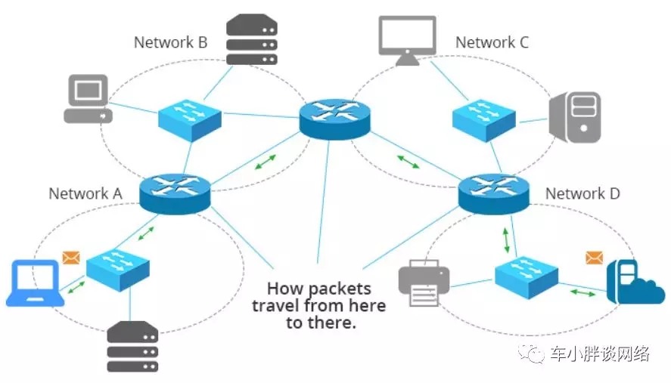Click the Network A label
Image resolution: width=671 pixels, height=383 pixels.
[x=85, y=193]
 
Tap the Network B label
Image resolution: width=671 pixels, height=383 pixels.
[x=170, y=42]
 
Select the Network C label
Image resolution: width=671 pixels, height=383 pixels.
[x=492, y=42]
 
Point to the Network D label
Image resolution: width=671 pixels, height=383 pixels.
[x=582, y=194]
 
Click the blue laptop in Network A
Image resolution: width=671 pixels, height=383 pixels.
[x=34, y=283]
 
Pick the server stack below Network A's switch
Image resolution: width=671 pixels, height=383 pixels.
[x=132, y=347]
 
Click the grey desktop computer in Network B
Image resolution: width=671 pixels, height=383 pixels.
[x=87, y=99]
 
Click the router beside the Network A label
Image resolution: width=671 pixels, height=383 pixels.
[x=174, y=192]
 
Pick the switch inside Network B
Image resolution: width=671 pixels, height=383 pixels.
[x=190, y=117]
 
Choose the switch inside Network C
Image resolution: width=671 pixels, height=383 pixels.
[x=484, y=117]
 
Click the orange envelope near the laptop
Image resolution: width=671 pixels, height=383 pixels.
[x=71, y=258]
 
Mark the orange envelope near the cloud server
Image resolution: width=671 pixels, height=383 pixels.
[x=593, y=258]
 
